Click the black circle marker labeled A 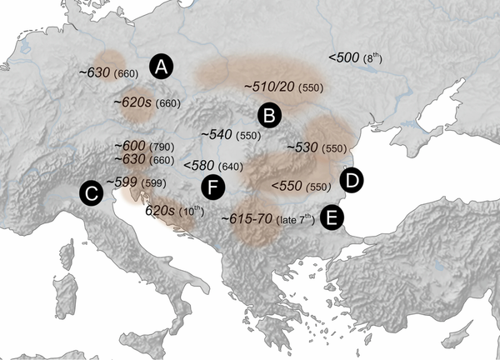[162, 67]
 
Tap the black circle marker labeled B [269, 115]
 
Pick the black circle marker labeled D [352, 179]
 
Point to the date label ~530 [303, 147]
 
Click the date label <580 [200, 165]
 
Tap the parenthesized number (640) [232, 166]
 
